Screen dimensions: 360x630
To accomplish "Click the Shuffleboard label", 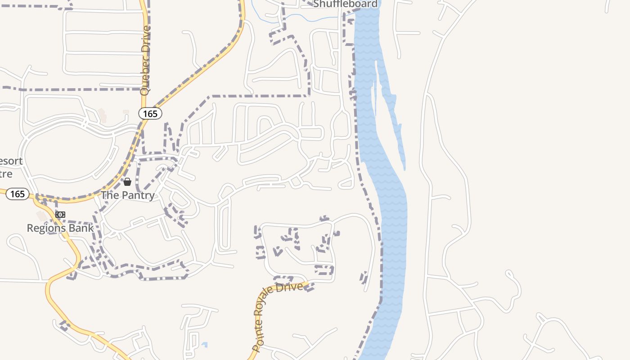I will point(345,4).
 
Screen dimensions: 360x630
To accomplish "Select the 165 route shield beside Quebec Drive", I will point(150,114).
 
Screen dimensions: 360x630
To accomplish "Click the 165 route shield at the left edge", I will point(17,194).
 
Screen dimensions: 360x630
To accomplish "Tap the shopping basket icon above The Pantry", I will point(127,182).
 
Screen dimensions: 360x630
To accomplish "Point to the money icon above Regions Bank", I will point(60,215).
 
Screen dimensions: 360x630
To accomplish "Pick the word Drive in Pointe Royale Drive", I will point(294,286).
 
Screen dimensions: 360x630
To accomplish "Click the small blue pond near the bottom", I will point(205,345).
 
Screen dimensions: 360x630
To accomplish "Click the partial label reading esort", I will point(11,161).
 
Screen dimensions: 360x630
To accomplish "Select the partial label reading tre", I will point(6,174).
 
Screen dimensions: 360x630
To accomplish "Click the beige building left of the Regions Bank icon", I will point(41,216).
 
